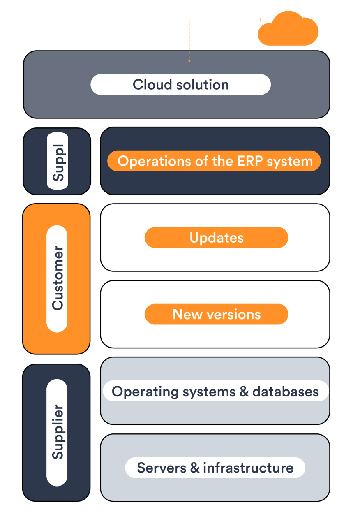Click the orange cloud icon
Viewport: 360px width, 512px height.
288,30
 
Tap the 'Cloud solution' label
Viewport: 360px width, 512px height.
180,85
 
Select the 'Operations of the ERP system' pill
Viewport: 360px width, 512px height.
215,161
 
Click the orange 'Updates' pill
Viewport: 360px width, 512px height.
216,238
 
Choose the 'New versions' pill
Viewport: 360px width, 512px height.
216,315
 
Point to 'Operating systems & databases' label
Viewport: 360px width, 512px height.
215,391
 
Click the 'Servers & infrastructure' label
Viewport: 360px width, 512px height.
215,468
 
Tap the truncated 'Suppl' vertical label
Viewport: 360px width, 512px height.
58,162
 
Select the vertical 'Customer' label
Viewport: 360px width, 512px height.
58,278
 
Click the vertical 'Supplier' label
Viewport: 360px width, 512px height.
58,432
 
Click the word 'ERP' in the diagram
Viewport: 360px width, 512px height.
251,161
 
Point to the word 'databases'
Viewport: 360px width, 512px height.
285,391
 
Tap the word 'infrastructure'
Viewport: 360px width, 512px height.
248,468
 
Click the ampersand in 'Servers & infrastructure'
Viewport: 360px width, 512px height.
196,468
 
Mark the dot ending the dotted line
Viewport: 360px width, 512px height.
189,61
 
